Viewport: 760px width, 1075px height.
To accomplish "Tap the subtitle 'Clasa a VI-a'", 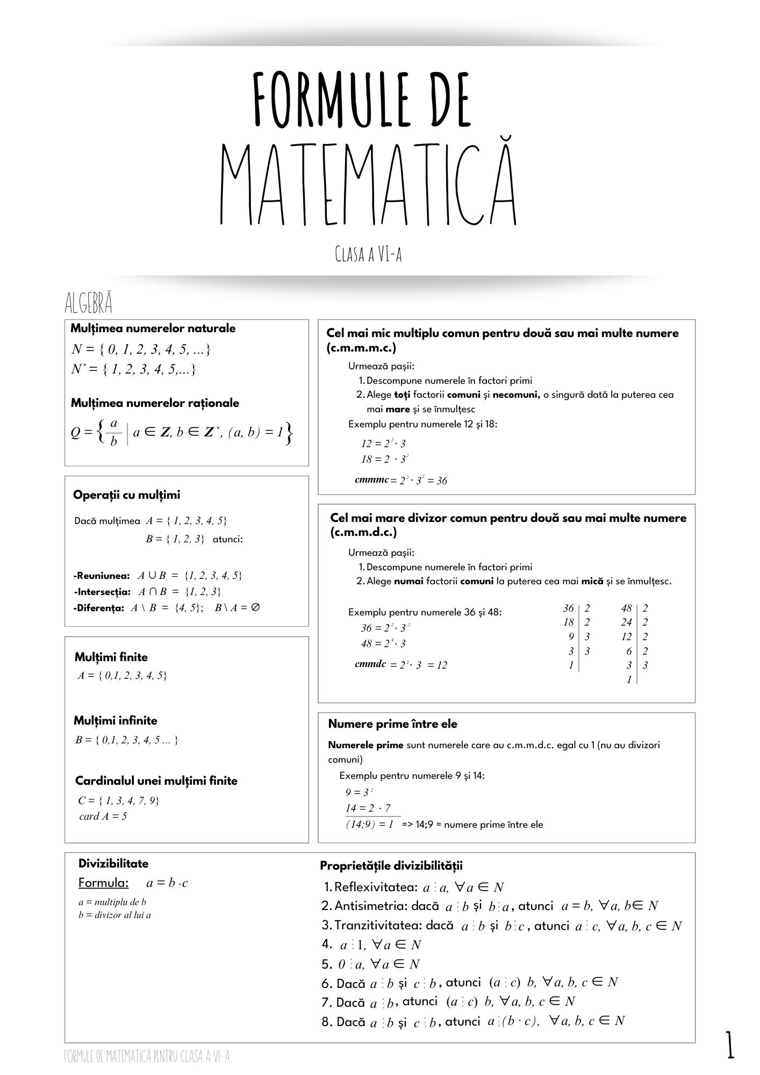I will click(368, 254).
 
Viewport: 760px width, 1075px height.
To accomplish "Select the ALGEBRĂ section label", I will click(89, 304).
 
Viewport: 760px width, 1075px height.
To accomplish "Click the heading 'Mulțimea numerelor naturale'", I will click(153, 328).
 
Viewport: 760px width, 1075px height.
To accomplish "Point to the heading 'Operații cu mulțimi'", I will click(127, 494).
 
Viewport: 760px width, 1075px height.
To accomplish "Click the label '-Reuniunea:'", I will click(102, 576).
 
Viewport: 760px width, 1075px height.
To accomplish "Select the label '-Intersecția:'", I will click(102, 592).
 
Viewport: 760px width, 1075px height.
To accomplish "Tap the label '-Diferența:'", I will click(99, 608).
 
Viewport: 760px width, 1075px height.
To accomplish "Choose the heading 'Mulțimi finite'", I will click(111, 657).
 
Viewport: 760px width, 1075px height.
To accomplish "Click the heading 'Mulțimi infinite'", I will click(116, 720).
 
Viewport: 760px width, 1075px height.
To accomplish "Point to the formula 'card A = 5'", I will click(103, 816).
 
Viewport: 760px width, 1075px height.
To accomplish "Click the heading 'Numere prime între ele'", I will click(392, 724).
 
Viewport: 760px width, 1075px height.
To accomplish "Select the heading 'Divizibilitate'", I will click(113, 863).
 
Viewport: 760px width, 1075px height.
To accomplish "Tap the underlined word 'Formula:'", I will click(104, 883).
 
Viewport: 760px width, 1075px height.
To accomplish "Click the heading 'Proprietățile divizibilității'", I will click(391, 865).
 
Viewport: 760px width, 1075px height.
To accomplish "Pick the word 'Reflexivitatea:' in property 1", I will click(376, 886).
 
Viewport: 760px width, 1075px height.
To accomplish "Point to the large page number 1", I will click(730, 1045).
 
